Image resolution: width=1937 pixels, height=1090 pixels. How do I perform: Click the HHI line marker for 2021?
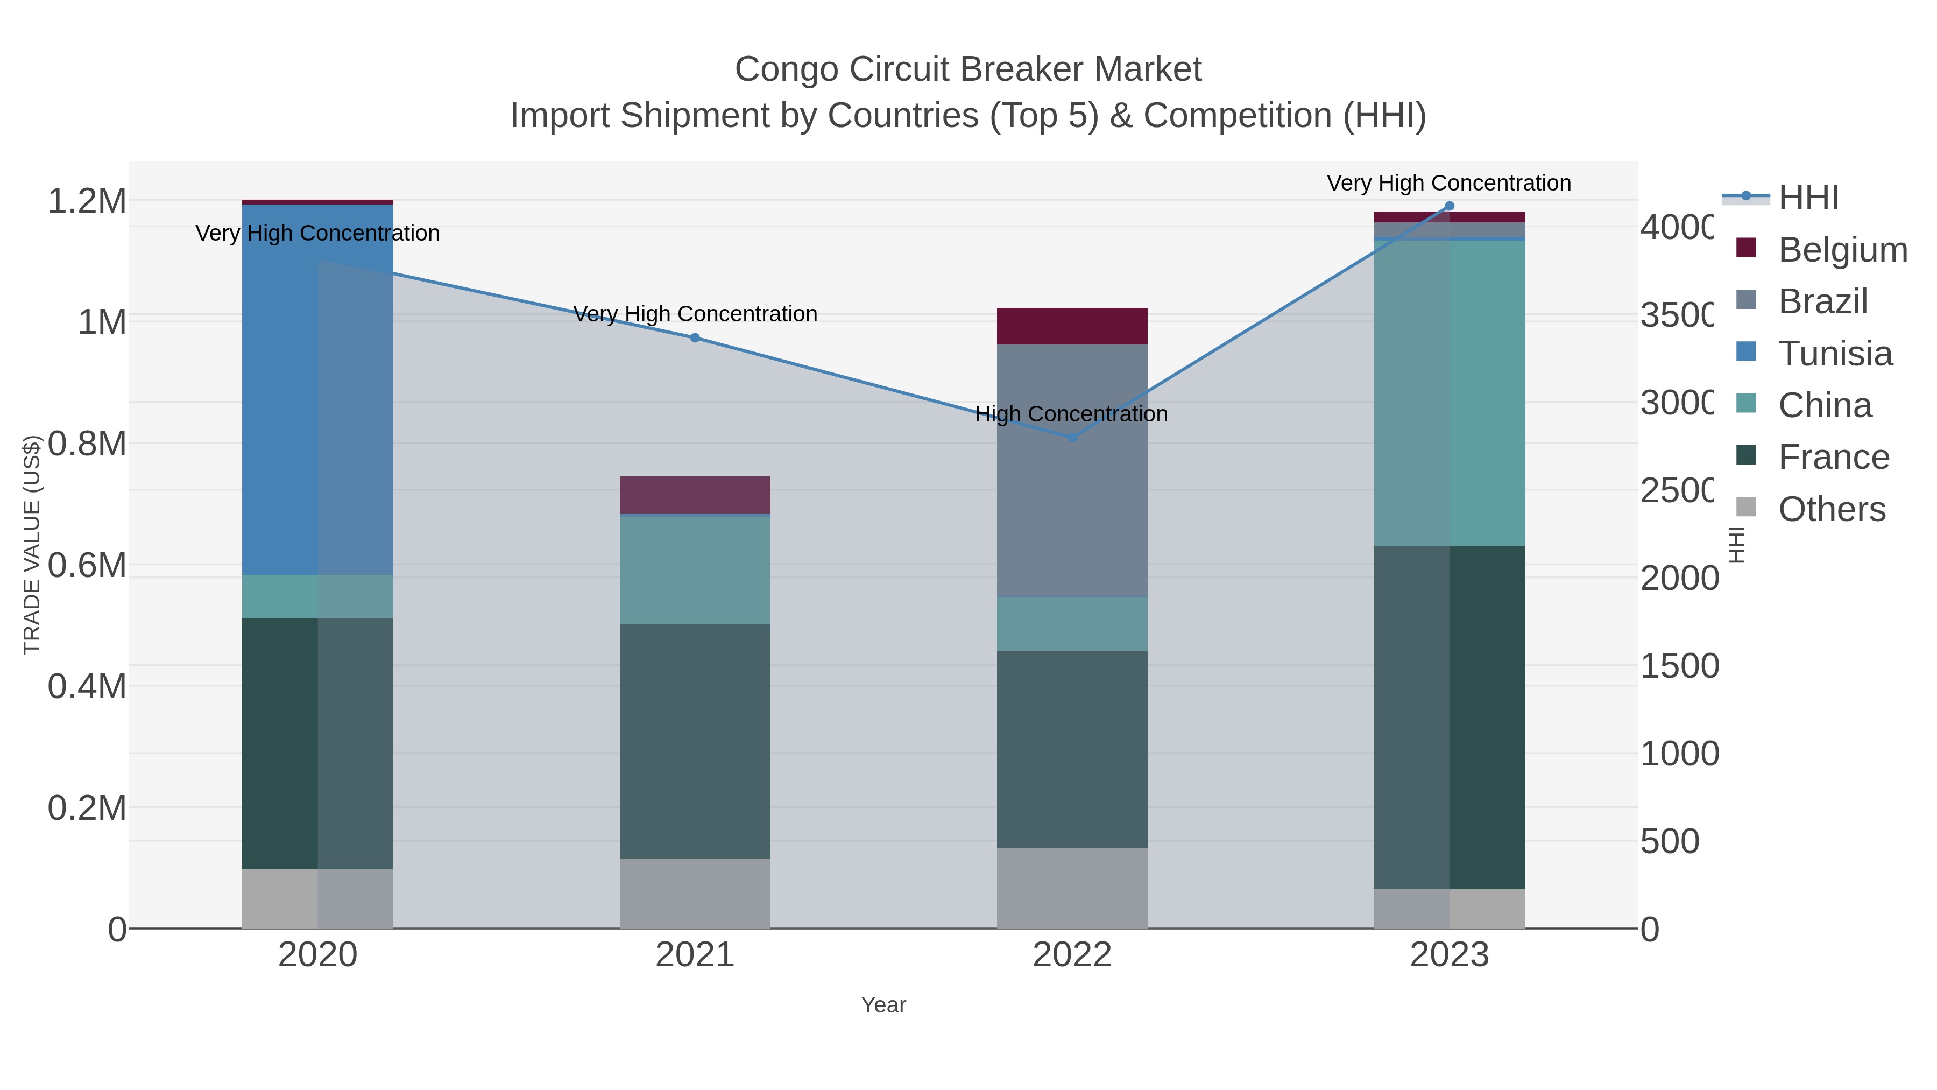(695, 337)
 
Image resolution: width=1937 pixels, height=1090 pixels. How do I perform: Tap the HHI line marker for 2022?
(1072, 437)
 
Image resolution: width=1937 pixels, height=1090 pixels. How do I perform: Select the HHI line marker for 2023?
(1450, 206)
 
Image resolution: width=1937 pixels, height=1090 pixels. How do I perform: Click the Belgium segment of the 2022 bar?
(1072, 326)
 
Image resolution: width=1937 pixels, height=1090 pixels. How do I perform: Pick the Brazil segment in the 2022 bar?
(1072, 470)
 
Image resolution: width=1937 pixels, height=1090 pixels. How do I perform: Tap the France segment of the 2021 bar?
(695, 741)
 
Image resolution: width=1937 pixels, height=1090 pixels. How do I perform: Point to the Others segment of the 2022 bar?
(1072, 888)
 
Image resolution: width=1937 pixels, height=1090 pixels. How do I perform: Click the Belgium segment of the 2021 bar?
(695, 494)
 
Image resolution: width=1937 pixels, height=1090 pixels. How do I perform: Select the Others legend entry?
(1831, 509)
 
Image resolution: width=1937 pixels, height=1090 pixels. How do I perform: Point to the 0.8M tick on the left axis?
(87, 444)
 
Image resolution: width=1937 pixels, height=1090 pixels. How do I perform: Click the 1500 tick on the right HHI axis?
(1678, 666)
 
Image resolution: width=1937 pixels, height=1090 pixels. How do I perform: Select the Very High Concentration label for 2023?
(1448, 183)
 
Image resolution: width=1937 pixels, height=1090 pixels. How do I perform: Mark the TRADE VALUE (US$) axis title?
(32, 545)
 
